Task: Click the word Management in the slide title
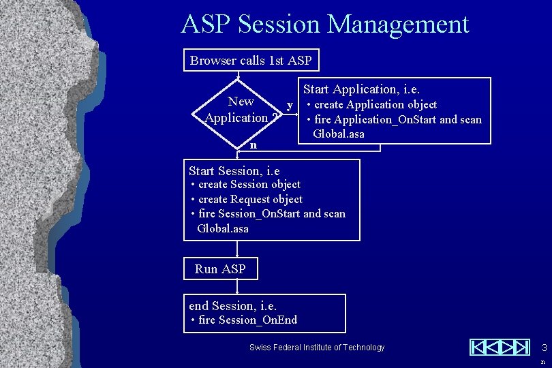[398, 25]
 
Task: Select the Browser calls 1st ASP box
[251, 61]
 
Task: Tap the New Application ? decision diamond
[239, 110]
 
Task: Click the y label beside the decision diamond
[290, 105]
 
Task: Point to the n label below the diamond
[254, 145]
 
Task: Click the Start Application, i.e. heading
[362, 89]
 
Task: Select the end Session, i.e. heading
[232, 306]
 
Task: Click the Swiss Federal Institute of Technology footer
[317, 348]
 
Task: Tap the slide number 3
[543, 347]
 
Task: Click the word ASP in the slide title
[208, 25]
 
